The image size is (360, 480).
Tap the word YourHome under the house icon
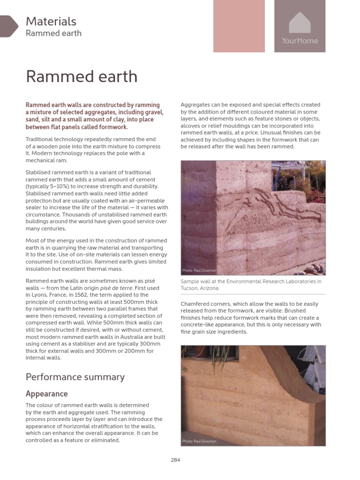point(300,41)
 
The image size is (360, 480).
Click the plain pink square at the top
point(239,26)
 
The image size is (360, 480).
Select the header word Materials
point(51,21)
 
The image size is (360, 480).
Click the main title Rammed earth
point(82,76)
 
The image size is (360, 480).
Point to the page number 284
point(175,460)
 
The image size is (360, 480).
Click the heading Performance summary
point(75,377)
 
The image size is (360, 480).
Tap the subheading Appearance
point(46,394)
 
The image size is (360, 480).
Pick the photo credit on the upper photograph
point(199,270)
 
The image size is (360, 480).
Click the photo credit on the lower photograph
point(199,441)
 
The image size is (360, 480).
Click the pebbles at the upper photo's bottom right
point(312,268)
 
